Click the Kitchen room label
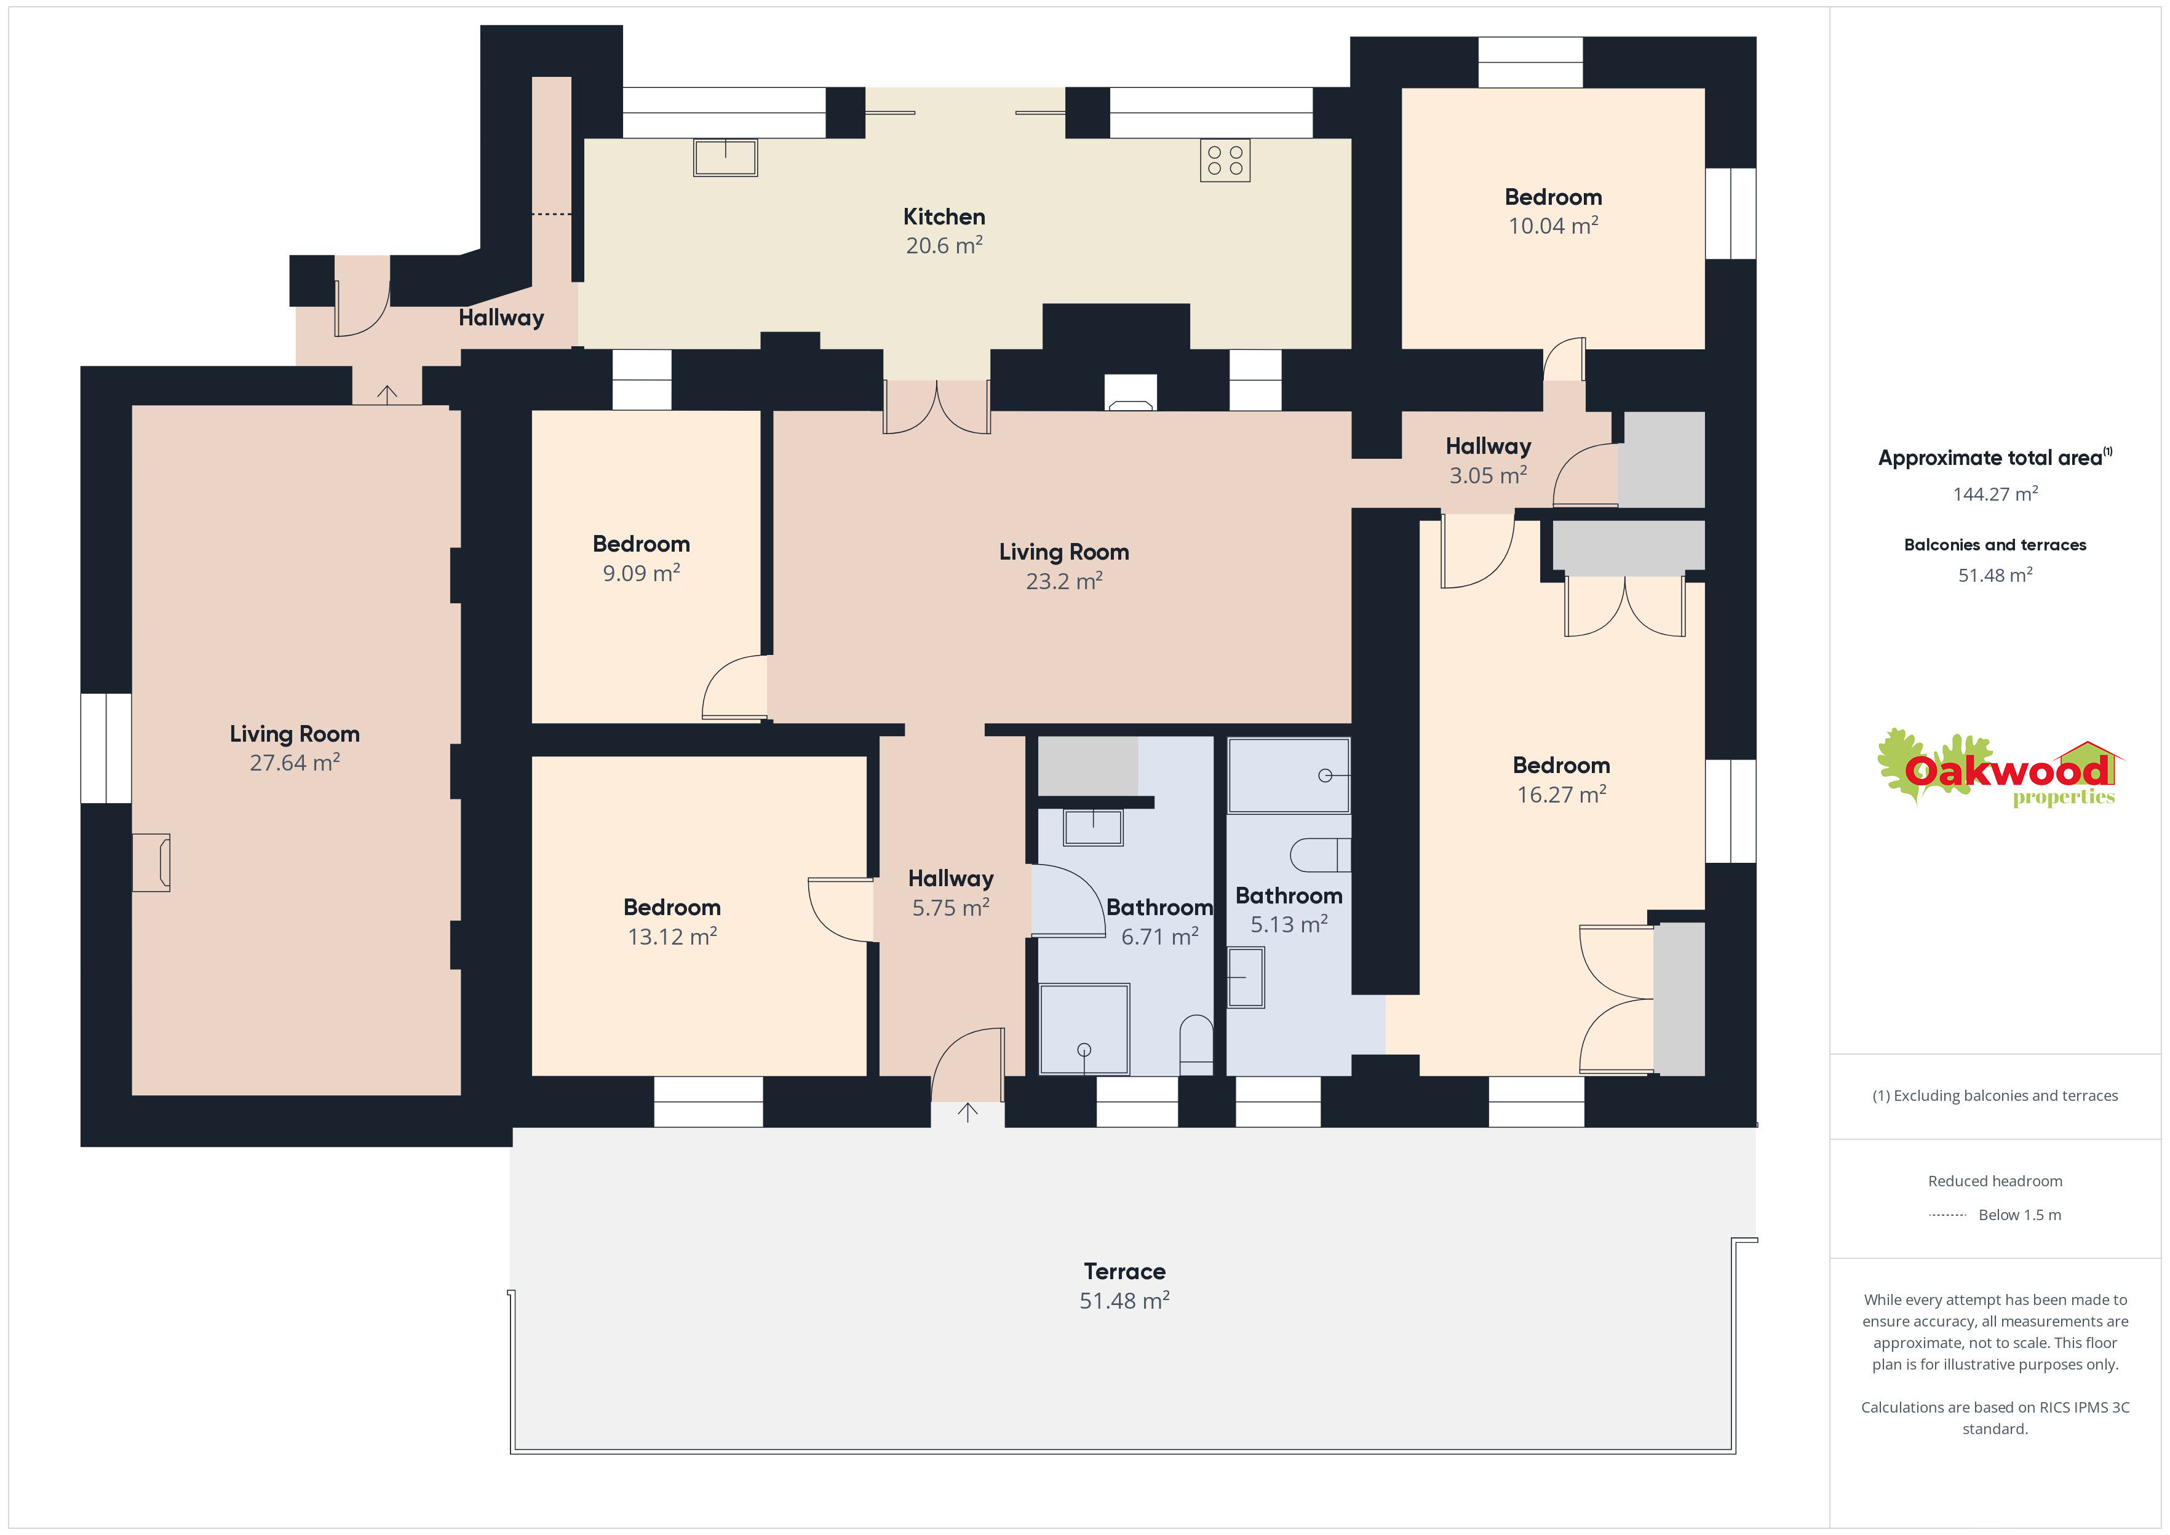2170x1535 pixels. [x=944, y=216]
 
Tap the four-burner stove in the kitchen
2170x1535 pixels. [x=1225, y=161]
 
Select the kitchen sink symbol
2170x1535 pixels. [x=725, y=158]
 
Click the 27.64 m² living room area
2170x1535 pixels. [x=294, y=763]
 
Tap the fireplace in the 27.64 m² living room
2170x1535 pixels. [x=151, y=862]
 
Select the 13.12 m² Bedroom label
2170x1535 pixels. [x=672, y=907]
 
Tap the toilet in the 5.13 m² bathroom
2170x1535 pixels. [x=1321, y=854]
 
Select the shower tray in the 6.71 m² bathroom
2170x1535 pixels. [x=1084, y=1029]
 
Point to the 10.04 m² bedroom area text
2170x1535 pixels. [x=1553, y=226]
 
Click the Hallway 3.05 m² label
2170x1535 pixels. [x=1488, y=460]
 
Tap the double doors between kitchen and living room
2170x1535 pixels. [x=937, y=407]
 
